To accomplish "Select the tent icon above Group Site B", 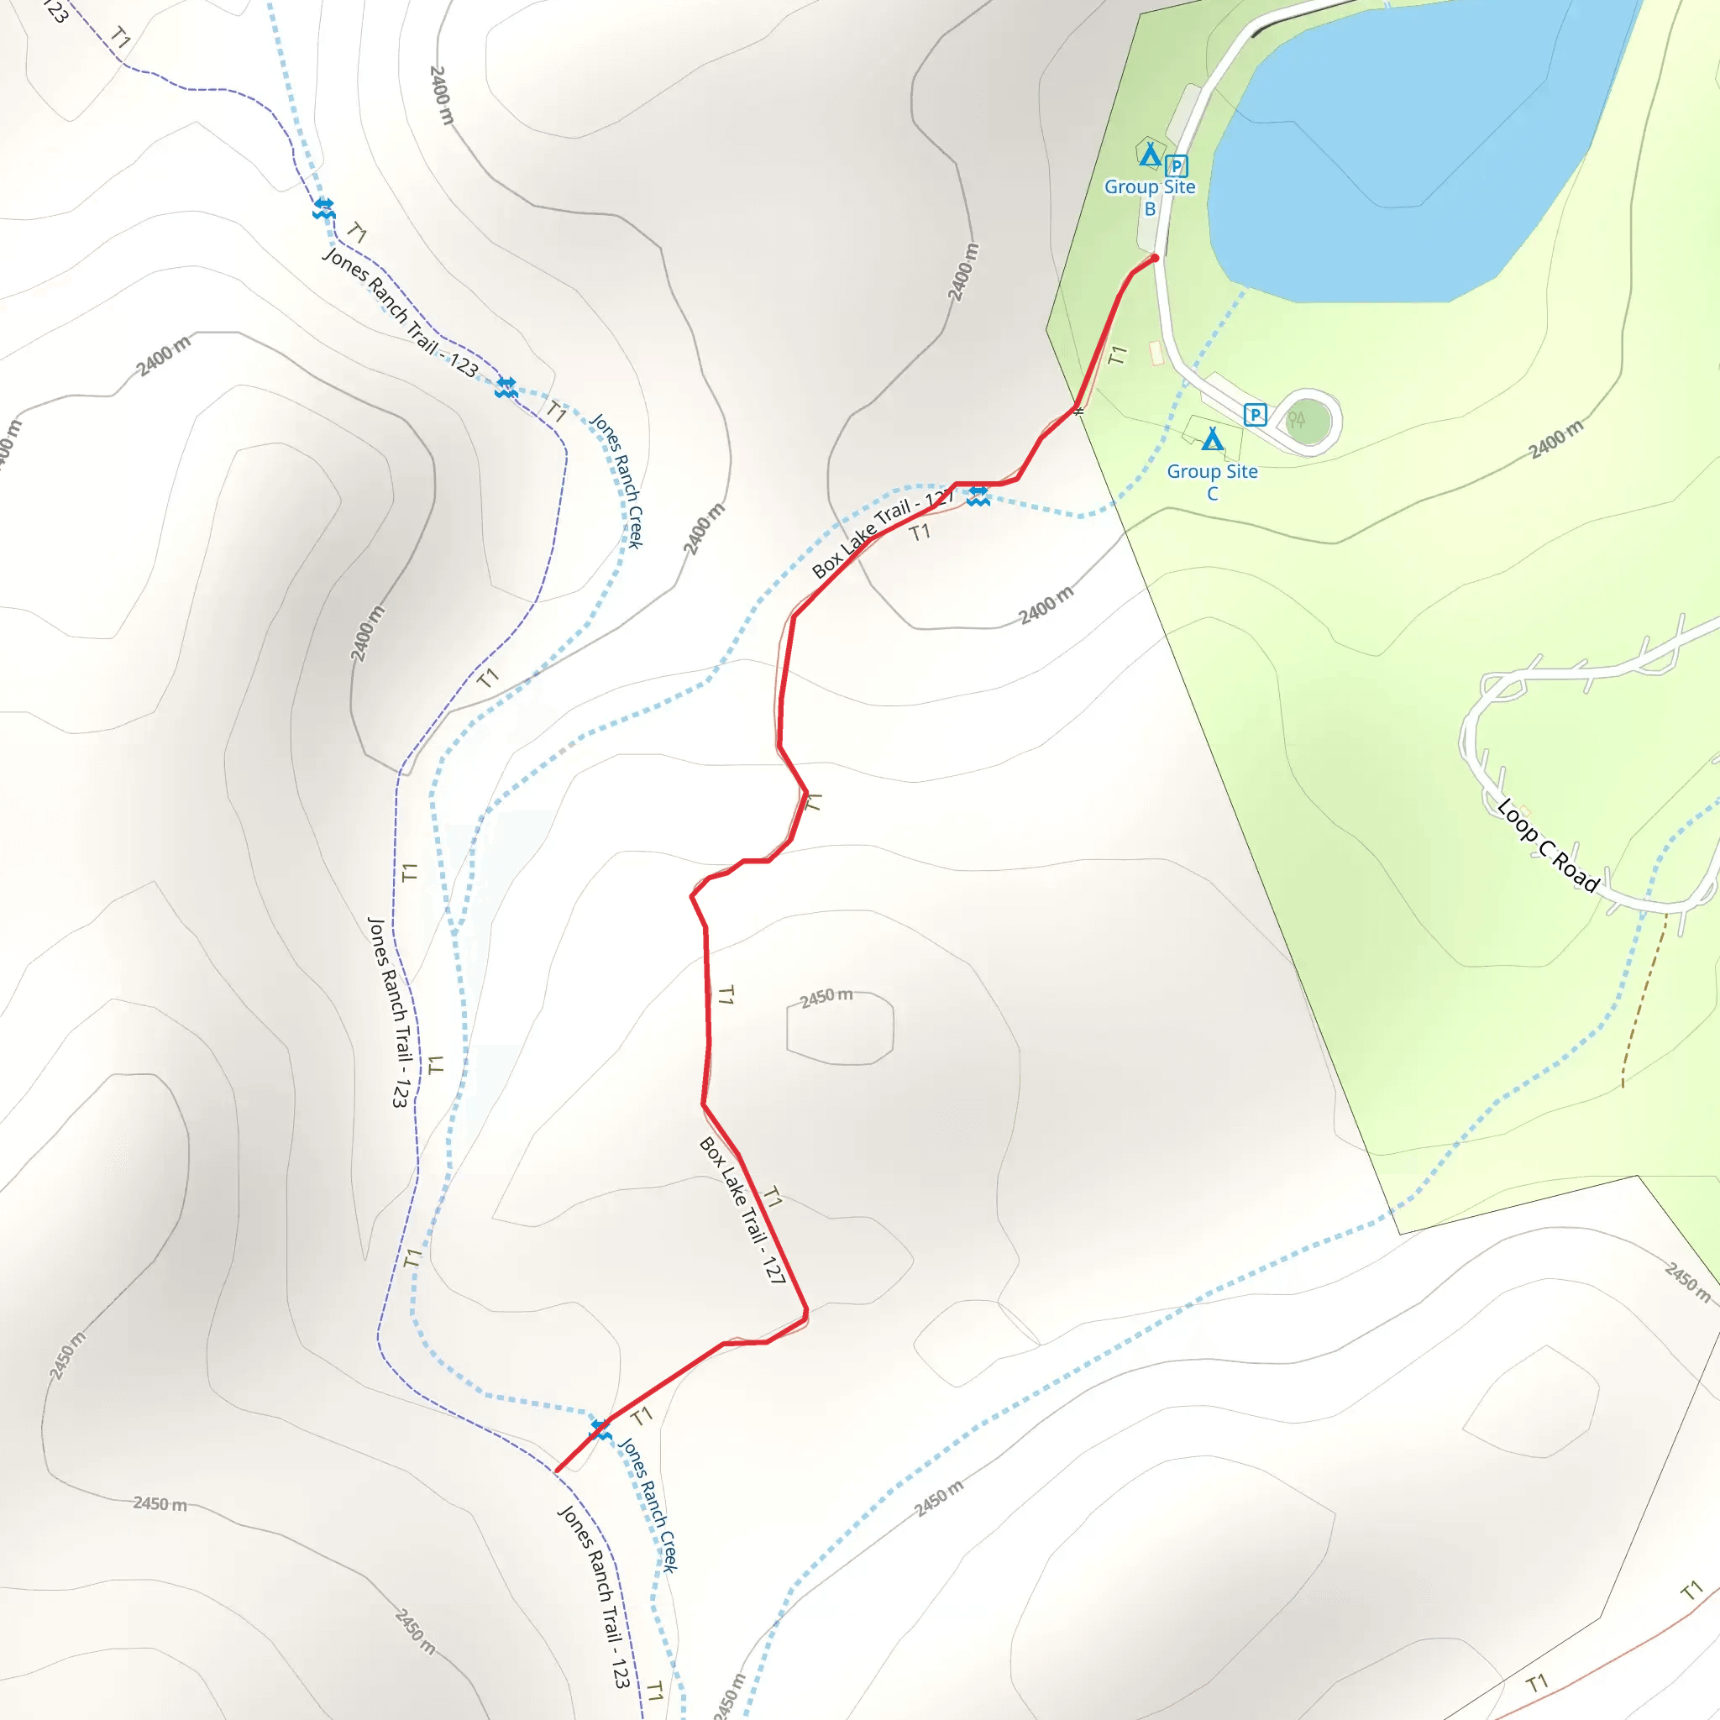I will tap(1150, 155).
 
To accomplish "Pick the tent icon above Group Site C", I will tap(1212, 438).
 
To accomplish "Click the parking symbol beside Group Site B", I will tap(1176, 165).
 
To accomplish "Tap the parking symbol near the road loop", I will tap(1255, 414).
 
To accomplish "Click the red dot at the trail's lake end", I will tap(1155, 258).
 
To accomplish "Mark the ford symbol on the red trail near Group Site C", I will tap(978, 496).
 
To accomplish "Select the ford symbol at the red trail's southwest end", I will tap(601, 1429).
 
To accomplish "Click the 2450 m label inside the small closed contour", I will tap(826, 997).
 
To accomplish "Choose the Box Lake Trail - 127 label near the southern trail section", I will tap(742, 1211).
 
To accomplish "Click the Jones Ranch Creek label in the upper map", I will tap(616, 480).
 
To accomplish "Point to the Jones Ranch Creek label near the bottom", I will tap(649, 1504).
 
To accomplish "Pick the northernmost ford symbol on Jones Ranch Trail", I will tap(324, 209).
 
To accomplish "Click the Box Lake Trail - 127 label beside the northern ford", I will tap(881, 534).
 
